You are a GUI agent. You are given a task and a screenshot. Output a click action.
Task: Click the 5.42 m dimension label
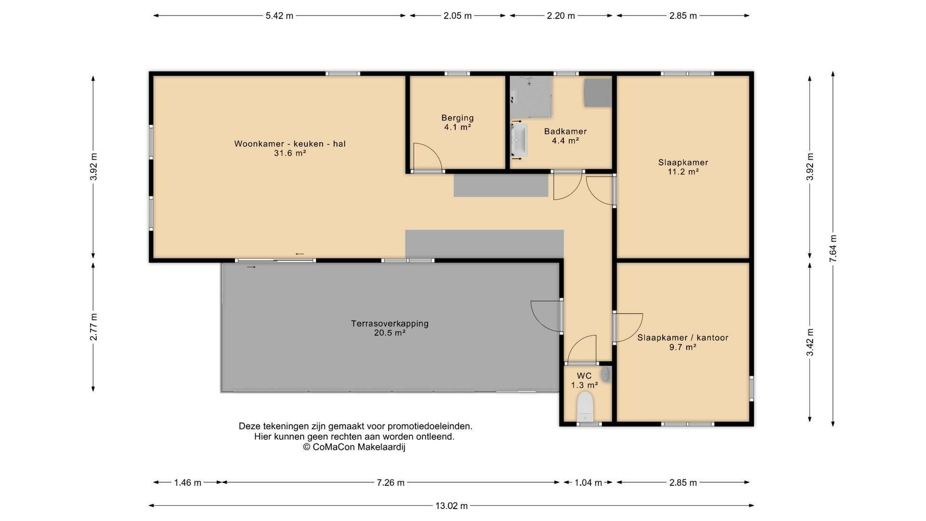coord(279,16)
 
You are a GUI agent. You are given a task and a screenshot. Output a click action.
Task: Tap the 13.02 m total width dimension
coord(451,506)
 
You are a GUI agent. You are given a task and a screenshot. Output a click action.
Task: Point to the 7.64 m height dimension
coord(833,248)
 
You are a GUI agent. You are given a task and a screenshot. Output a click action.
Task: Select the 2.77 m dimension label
coord(94,327)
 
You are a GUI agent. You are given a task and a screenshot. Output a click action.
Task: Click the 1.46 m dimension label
coord(188,483)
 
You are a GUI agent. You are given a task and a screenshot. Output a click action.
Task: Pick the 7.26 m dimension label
coord(391,483)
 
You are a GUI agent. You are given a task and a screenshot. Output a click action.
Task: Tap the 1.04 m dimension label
coord(588,483)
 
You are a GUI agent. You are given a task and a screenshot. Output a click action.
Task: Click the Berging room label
coord(458,118)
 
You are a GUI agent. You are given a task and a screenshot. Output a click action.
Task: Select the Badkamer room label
coord(565,131)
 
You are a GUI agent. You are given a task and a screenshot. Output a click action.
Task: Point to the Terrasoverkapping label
coord(390,324)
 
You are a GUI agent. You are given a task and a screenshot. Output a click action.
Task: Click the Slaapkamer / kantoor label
coord(683,338)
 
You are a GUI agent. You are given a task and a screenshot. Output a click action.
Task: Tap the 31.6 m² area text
coord(290,153)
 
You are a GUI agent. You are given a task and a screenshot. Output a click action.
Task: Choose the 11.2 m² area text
coord(683,172)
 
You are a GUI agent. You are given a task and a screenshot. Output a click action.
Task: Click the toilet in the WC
coord(585,406)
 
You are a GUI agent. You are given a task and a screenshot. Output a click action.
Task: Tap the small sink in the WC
coord(606,374)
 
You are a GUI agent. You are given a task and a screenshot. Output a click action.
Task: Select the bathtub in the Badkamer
coord(519,140)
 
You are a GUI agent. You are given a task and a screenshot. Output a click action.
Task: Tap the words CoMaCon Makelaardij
coord(359,447)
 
